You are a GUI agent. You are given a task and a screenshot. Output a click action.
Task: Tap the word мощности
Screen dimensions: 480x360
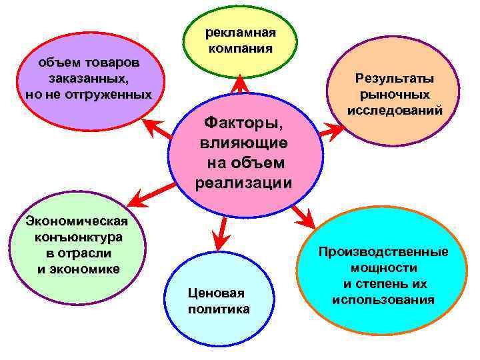pos(383,268)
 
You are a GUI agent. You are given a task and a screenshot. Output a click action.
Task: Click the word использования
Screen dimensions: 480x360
pos(383,300)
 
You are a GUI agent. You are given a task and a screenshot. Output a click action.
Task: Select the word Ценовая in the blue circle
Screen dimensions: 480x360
pos(217,293)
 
